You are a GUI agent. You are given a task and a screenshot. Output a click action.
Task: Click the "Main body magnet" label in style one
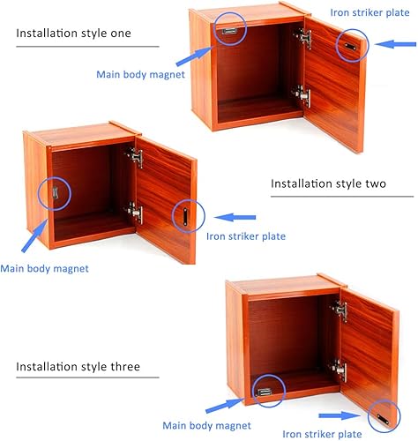pos(140,74)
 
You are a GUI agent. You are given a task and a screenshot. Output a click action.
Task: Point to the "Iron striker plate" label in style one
pos(369,13)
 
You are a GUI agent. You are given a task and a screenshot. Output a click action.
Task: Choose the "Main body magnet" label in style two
pos(44,268)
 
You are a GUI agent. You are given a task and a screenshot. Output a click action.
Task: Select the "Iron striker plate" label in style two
pos(245,236)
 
